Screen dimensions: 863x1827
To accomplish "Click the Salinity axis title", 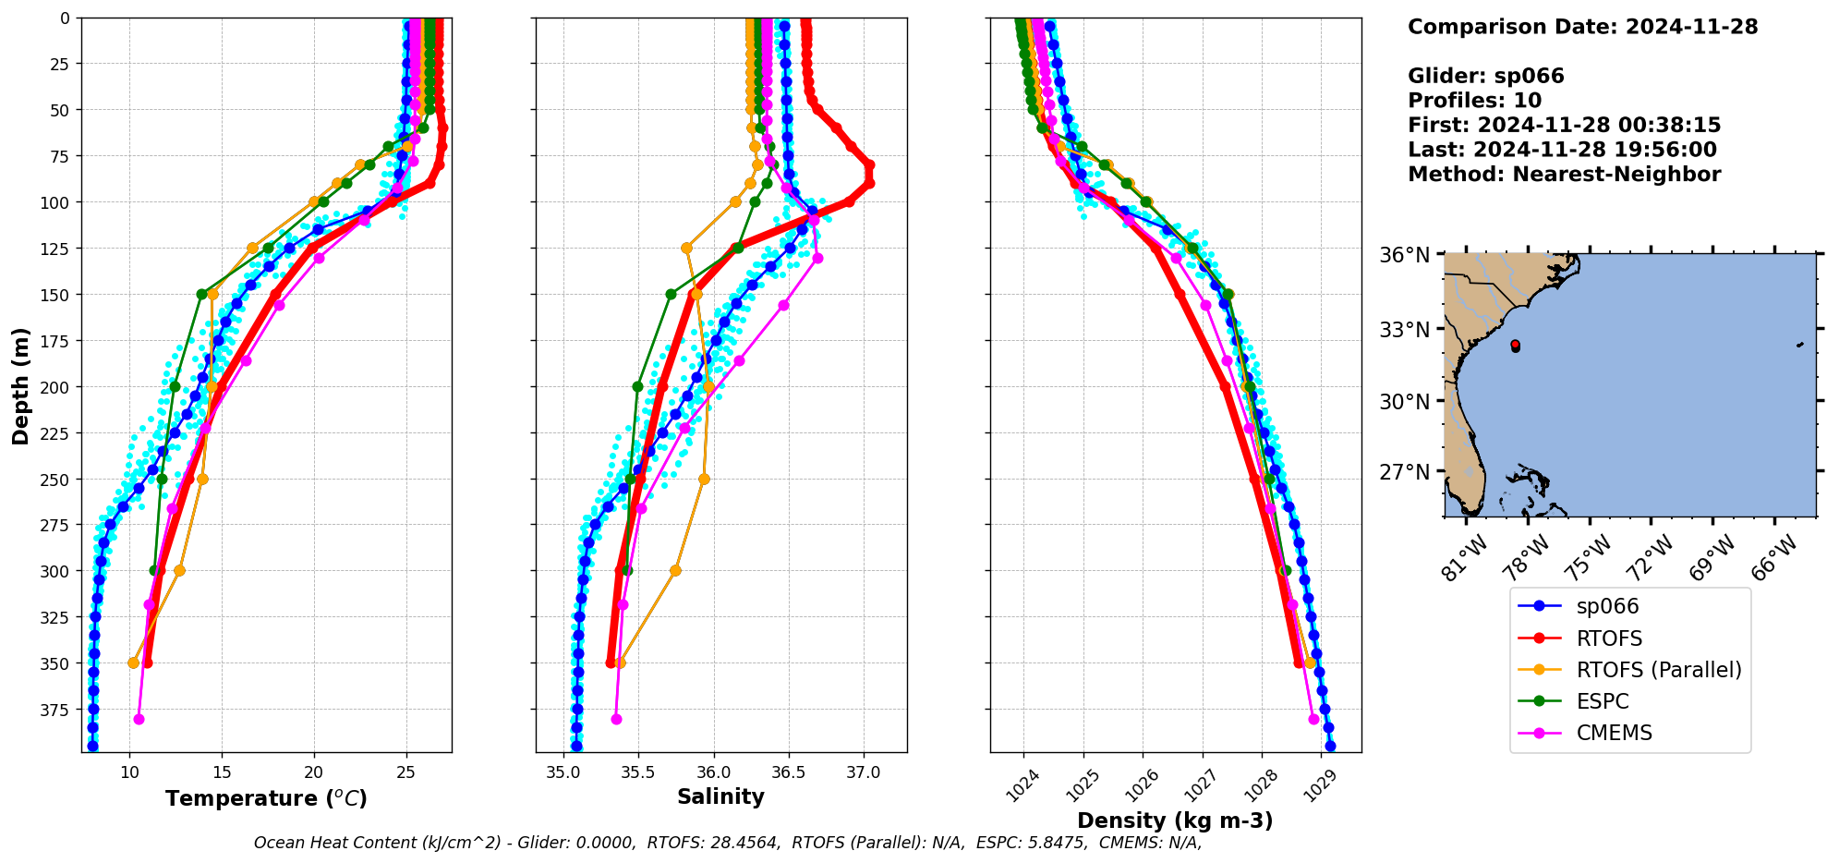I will (x=720, y=797).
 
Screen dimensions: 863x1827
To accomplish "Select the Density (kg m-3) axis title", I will (x=1175, y=820).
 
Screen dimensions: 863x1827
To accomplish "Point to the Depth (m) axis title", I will (x=21, y=385).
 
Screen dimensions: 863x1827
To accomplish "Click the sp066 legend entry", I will (x=1607, y=607).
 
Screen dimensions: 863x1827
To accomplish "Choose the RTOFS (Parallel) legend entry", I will (x=1658, y=670).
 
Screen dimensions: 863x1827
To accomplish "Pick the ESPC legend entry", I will (x=1602, y=701).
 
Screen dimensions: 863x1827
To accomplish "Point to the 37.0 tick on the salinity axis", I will (x=863, y=772).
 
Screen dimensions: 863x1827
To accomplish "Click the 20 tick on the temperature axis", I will (x=314, y=772).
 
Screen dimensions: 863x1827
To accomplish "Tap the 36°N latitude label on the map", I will (x=1404, y=255).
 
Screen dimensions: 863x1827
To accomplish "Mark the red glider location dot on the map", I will (x=1515, y=346).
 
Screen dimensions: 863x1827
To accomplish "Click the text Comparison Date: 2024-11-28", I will (x=1582, y=27).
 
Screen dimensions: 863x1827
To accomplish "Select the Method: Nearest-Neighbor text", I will (x=1564, y=175).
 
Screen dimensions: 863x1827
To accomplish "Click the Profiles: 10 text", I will (x=1474, y=101).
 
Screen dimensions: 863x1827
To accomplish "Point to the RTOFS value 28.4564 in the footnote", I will (x=744, y=843).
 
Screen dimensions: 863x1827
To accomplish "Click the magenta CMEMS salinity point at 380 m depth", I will (x=616, y=719).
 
